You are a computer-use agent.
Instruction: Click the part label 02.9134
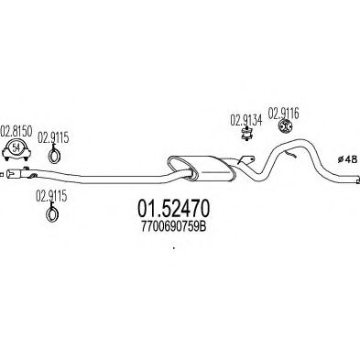pos(245,118)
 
